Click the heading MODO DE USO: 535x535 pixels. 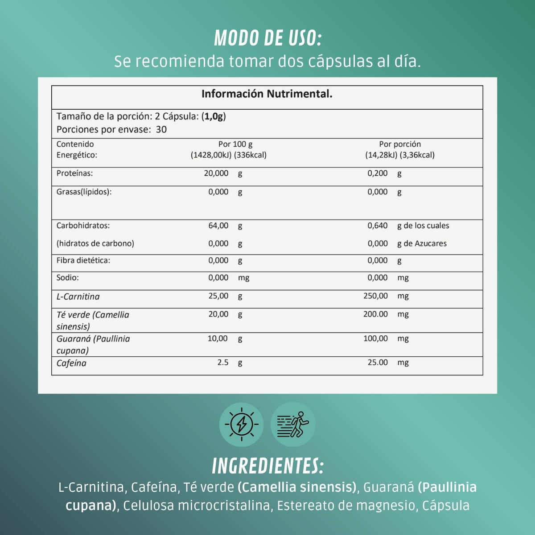(267, 38)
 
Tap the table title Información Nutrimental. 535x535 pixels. (267, 94)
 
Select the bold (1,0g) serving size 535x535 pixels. (214, 116)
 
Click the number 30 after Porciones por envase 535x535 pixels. (161, 130)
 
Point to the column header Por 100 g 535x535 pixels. (235, 144)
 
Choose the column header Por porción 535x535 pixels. (399, 144)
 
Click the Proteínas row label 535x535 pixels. (74, 173)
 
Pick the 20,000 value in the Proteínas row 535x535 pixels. (216, 173)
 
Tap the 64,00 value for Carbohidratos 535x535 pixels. (218, 226)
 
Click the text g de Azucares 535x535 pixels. (422, 243)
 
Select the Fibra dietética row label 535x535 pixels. (83, 260)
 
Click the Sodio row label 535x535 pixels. (67, 278)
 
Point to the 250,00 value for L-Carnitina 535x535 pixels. (376, 296)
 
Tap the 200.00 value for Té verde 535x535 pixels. (375, 314)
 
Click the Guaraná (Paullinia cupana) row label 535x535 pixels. (93, 344)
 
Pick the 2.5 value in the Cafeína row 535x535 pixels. (223, 363)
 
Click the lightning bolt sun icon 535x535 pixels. (242, 424)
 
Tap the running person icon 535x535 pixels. (293, 424)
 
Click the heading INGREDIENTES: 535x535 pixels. (267, 466)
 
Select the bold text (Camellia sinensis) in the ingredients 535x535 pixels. (297, 487)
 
